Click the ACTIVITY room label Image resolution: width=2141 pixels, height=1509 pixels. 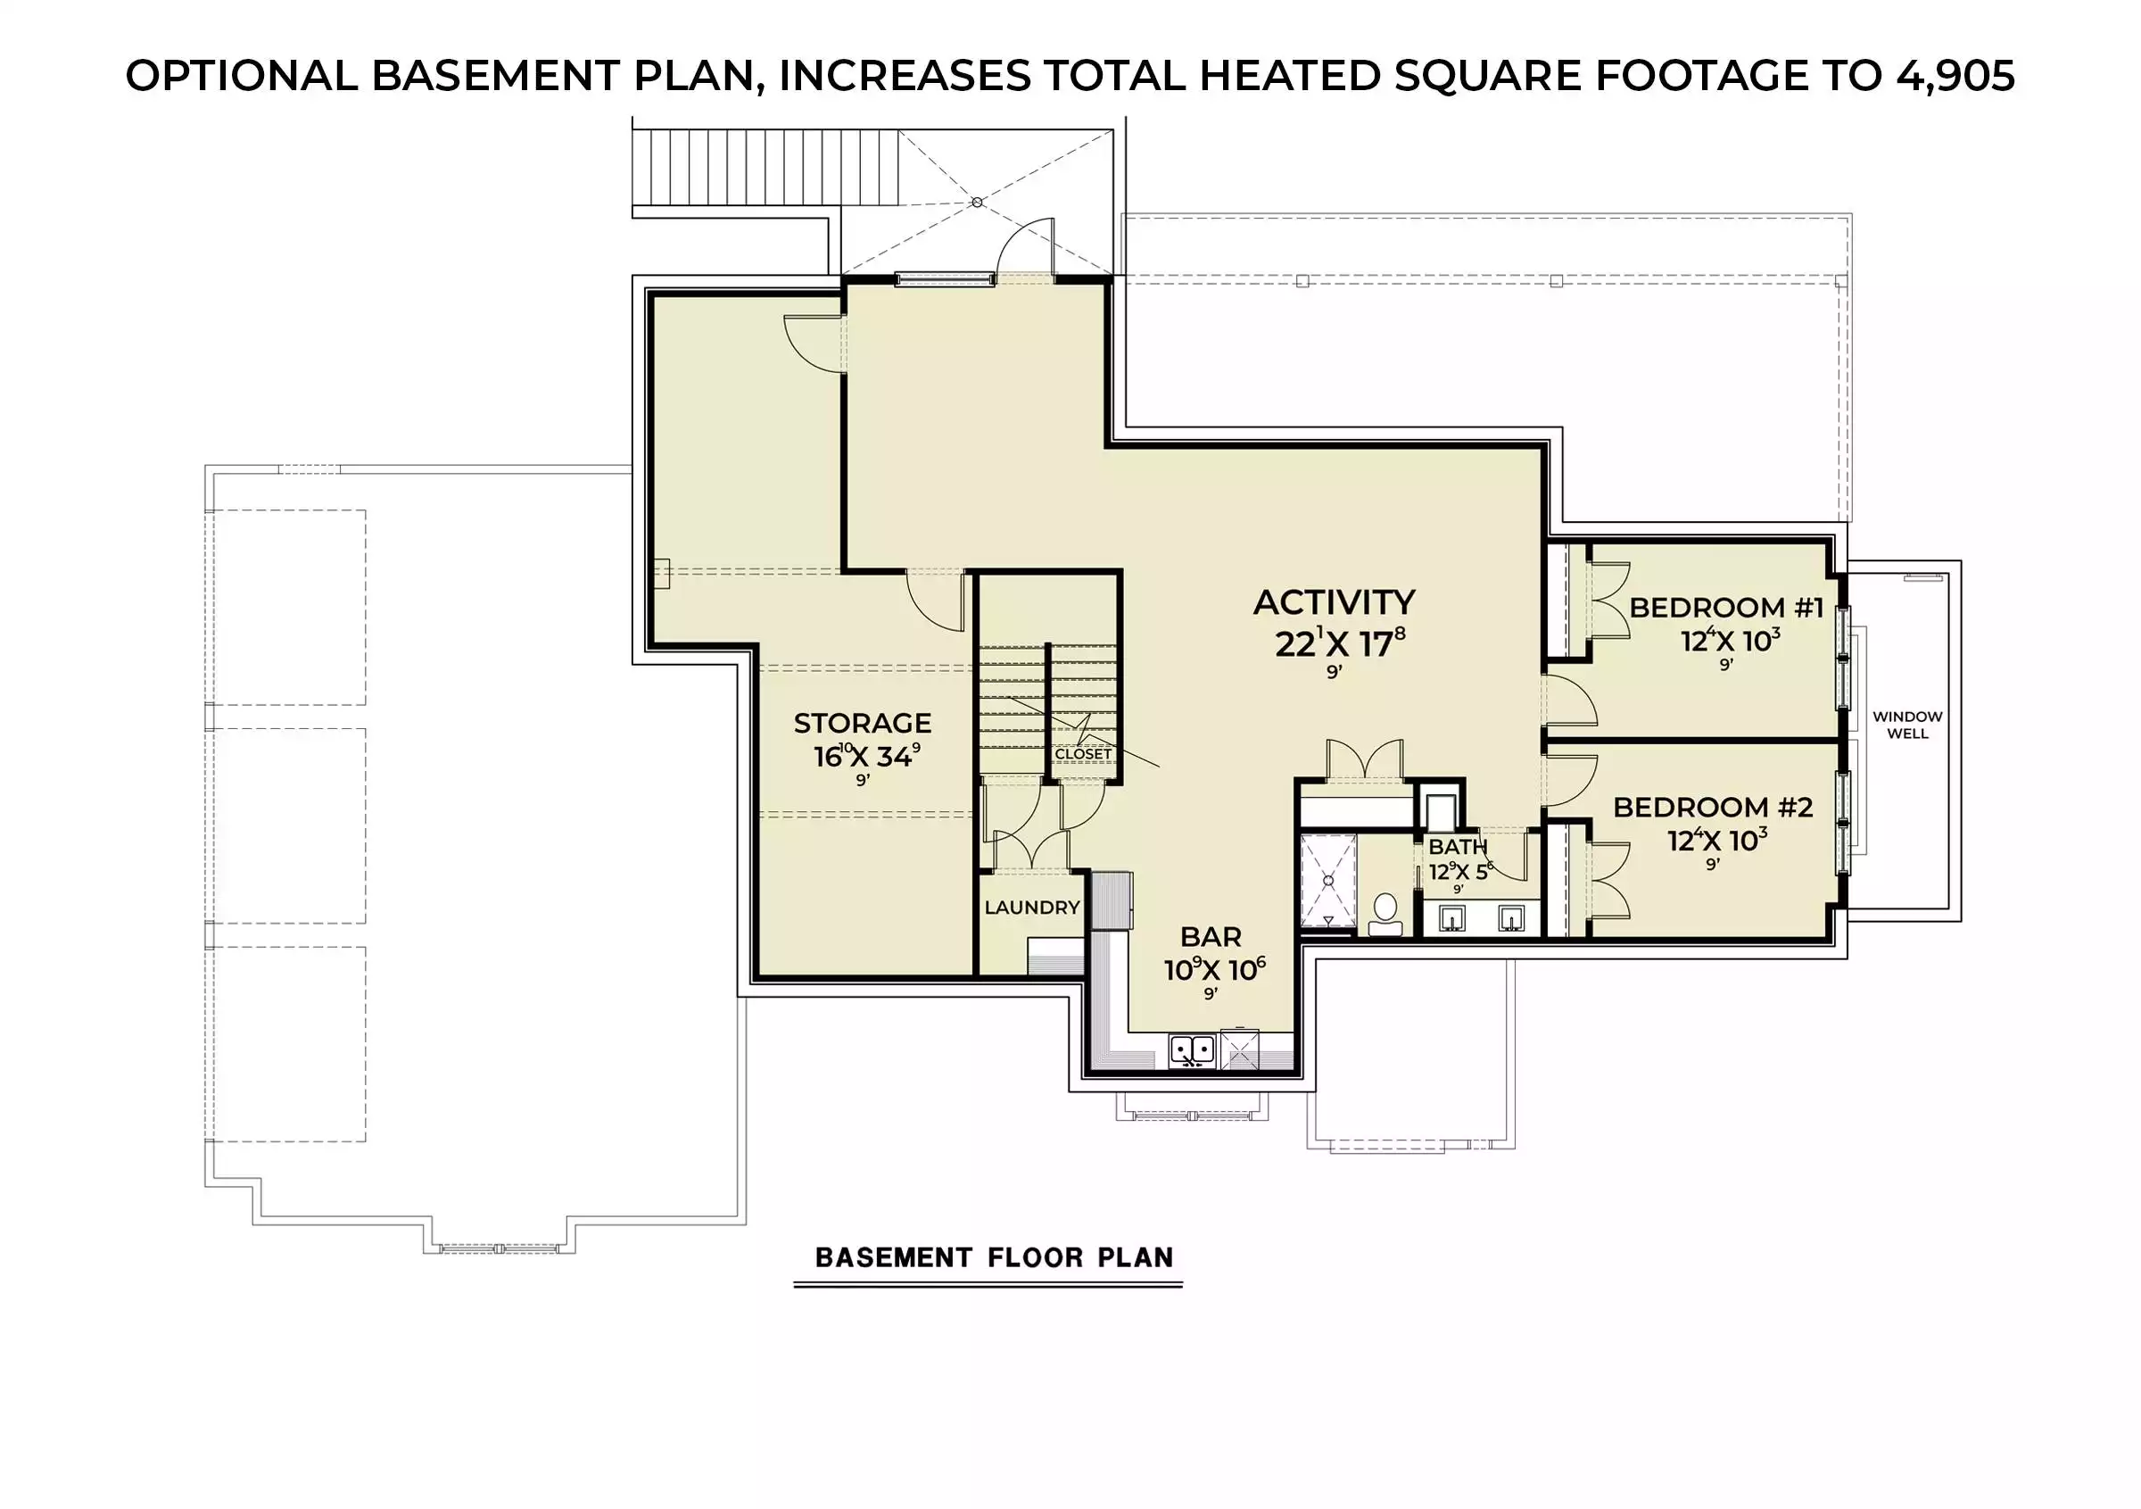[x=1334, y=602]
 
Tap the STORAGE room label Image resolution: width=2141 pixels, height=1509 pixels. [x=863, y=723]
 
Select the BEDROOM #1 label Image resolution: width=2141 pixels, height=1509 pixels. [x=1726, y=608]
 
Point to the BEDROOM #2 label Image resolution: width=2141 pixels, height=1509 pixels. [x=1713, y=808]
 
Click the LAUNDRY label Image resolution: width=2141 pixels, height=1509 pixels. [x=1032, y=908]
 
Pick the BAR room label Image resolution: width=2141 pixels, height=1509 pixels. [x=1211, y=936]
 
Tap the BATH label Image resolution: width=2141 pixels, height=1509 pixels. [x=1458, y=847]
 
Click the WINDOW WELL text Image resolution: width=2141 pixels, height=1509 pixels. [x=1908, y=725]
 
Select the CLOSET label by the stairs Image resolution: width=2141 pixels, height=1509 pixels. [x=1084, y=753]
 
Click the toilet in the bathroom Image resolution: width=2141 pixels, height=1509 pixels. [x=1385, y=914]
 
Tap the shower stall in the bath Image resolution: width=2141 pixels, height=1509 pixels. [x=1328, y=882]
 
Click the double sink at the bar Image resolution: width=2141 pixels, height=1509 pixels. [x=1193, y=1050]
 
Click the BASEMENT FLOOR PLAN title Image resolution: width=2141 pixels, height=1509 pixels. [x=994, y=1257]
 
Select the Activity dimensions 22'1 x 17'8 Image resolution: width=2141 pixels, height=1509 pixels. [x=1340, y=643]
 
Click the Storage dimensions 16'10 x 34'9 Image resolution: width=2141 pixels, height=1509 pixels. [x=866, y=756]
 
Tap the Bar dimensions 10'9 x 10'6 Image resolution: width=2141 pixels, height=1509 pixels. [x=1214, y=969]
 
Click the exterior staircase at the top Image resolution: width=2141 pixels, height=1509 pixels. [x=765, y=167]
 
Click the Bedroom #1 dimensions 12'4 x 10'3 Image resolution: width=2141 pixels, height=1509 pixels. [x=1731, y=641]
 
